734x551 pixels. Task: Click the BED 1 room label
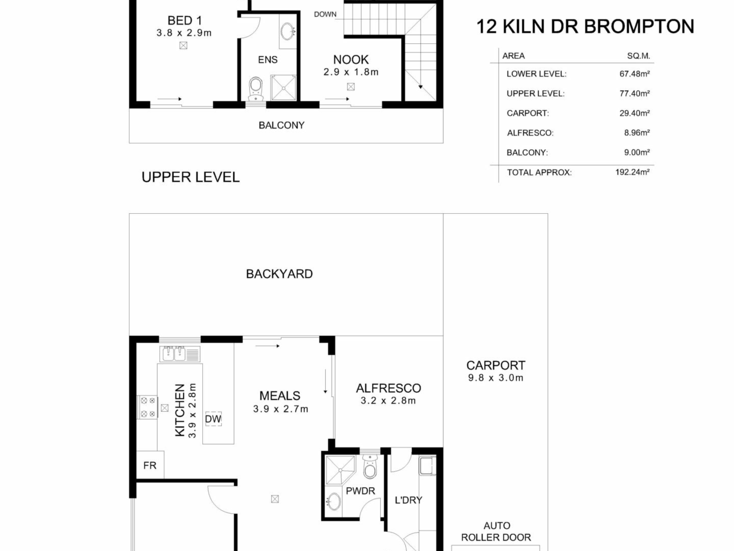click(184, 20)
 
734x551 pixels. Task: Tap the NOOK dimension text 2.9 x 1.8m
click(351, 72)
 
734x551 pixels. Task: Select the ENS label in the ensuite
click(268, 60)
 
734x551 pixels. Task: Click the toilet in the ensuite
click(256, 89)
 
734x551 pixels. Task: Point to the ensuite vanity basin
click(287, 31)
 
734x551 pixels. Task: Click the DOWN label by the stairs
click(325, 15)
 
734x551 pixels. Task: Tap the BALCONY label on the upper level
click(281, 125)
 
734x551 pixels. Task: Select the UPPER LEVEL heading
click(190, 177)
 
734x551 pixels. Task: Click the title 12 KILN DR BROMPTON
click(585, 26)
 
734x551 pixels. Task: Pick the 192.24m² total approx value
click(632, 172)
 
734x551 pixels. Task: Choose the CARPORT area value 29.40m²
click(635, 113)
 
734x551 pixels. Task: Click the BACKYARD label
click(279, 274)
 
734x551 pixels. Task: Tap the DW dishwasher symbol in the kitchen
click(213, 419)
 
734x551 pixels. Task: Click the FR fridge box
click(150, 465)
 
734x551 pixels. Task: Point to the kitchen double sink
click(174, 354)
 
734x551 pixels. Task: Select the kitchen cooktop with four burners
click(148, 407)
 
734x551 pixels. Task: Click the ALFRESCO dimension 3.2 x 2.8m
click(388, 401)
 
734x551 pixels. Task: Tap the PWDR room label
click(361, 491)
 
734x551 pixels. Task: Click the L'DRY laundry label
click(408, 500)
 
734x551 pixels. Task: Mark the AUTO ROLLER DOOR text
click(496, 531)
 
